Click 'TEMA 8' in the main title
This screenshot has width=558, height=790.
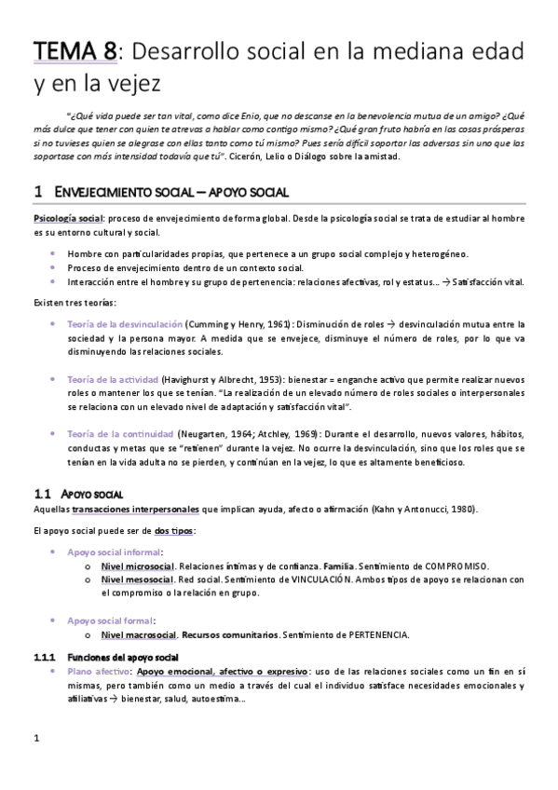[x=75, y=54]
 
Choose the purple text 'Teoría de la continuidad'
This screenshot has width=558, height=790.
[x=120, y=434]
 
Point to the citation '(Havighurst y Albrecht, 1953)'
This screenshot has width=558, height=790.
[x=226, y=380]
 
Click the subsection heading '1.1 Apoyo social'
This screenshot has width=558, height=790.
[x=85, y=493]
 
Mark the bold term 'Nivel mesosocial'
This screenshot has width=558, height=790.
[x=137, y=579]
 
